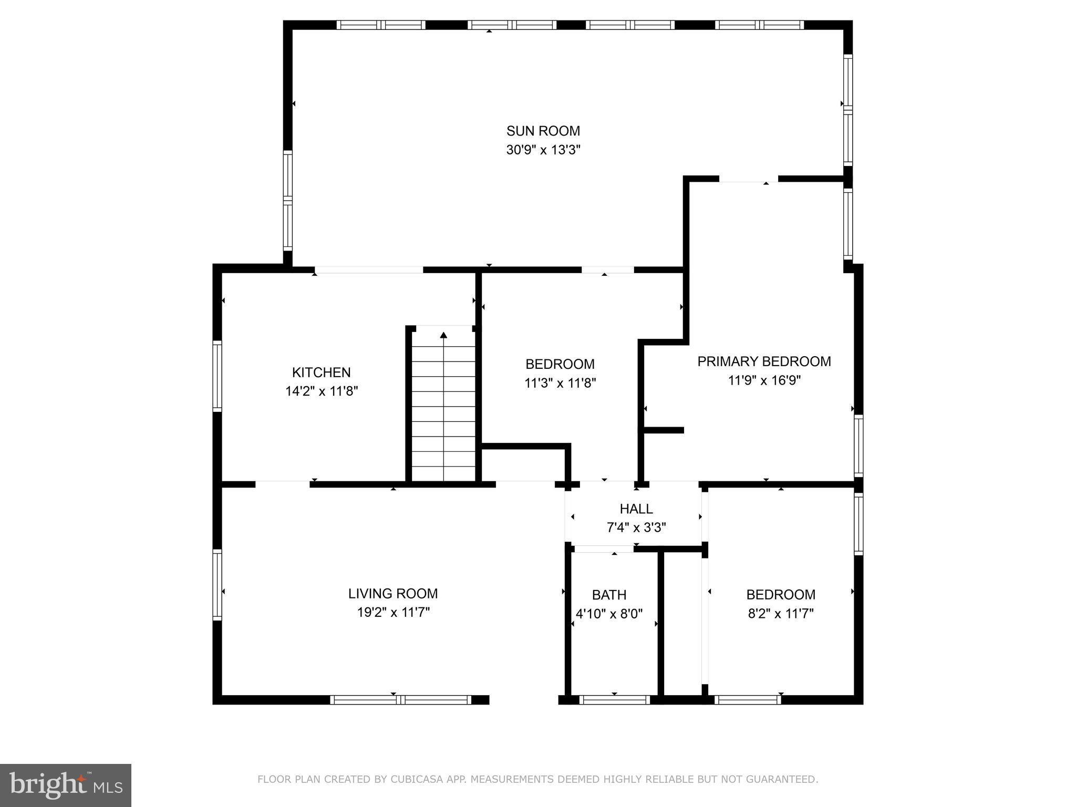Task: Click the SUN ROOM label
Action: pyautogui.click(x=543, y=131)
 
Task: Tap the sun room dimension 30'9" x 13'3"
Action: pyautogui.click(x=543, y=150)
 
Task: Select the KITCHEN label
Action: pyautogui.click(x=321, y=373)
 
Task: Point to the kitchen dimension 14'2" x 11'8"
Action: pyautogui.click(x=321, y=391)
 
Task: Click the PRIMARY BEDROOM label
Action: pyautogui.click(x=763, y=361)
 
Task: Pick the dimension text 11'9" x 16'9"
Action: pyautogui.click(x=763, y=380)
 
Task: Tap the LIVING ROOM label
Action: pyautogui.click(x=392, y=594)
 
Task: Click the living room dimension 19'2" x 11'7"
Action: pyautogui.click(x=392, y=612)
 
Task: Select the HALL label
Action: pyautogui.click(x=636, y=509)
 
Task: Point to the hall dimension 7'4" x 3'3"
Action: pyautogui.click(x=636, y=527)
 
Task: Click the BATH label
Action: pyautogui.click(x=609, y=595)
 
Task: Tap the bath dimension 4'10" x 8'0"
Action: pyautogui.click(x=609, y=614)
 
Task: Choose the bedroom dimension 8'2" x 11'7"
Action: pyautogui.click(x=780, y=614)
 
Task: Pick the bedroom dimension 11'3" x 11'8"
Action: pyautogui.click(x=560, y=383)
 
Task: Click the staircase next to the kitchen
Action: pyautogui.click(x=443, y=410)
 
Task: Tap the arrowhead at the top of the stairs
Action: pyautogui.click(x=443, y=335)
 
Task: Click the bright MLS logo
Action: pyautogui.click(x=65, y=785)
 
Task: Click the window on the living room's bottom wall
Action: pyautogui.click(x=400, y=699)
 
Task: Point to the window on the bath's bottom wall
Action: pyautogui.click(x=614, y=699)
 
